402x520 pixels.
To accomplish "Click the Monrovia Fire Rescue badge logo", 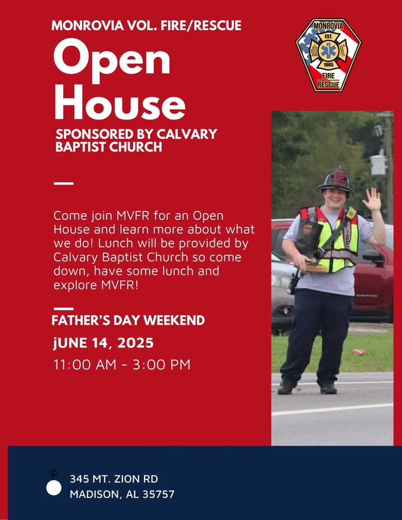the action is coord(328,55).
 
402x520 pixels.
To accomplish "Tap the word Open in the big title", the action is coord(112,60).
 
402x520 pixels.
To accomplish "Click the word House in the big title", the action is coord(119,102).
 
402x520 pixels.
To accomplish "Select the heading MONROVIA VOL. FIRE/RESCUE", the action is coord(146,26).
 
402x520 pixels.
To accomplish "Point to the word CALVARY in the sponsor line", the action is coord(186,134).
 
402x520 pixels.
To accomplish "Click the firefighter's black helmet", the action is coord(336,181).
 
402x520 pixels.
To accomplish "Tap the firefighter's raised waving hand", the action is coord(372,200).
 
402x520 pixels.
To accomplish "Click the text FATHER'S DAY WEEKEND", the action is coord(128,320).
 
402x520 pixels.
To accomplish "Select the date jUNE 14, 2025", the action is coord(103,343).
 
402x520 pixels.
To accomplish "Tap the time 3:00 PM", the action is coord(161,364).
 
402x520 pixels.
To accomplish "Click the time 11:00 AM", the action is coord(85,364).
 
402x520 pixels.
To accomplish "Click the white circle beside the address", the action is coord(54,488).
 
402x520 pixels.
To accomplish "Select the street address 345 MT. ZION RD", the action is coord(114,479).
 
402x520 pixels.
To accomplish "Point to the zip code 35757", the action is coord(159,494).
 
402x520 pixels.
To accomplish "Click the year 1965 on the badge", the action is coord(328,65).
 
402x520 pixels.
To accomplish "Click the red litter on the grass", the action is coord(358,352).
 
